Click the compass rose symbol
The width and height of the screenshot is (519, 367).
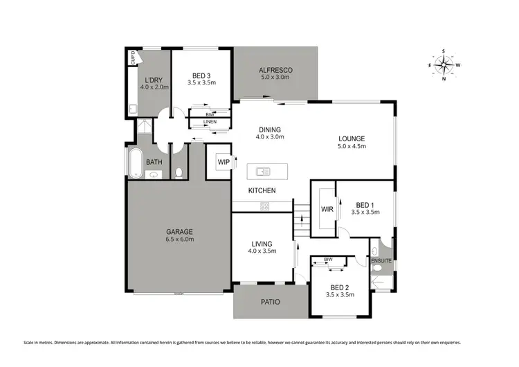coord(444,65)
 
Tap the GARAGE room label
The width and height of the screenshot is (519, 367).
coord(178,231)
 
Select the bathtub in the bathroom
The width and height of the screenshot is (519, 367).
coord(134,163)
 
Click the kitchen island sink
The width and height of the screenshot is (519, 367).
coord(263,171)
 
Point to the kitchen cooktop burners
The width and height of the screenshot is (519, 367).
coord(264,206)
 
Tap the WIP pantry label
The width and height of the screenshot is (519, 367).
coord(224,162)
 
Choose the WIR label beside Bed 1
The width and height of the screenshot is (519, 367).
coord(327,209)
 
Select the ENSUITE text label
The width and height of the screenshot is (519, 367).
coord(381,261)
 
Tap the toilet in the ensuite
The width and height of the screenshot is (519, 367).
coord(374,250)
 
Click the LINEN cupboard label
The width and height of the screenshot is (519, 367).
coord(210,123)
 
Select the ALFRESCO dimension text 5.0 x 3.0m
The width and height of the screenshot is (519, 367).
coord(275,78)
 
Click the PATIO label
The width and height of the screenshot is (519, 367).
coord(270,301)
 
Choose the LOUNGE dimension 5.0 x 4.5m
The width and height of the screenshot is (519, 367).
coord(352,147)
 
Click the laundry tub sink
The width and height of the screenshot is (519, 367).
coord(131,109)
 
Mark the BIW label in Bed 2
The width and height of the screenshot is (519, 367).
coord(329,261)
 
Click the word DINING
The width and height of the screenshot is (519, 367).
coord(269,129)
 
